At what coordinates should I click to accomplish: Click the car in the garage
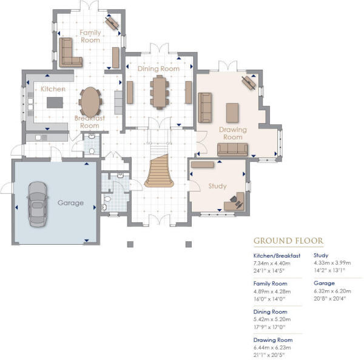(36, 204)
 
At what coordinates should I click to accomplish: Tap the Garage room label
(70, 202)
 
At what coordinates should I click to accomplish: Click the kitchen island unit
(56, 101)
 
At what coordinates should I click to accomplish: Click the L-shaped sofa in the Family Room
(70, 53)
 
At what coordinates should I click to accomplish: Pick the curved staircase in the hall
(160, 171)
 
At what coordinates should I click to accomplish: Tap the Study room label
(217, 185)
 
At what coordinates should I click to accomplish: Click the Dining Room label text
(158, 69)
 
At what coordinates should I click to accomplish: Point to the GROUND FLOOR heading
(288, 241)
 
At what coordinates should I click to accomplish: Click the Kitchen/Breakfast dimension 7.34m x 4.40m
(277, 264)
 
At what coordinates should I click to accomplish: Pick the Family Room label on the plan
(90, 35)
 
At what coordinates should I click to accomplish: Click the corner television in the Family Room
(112, 22)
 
